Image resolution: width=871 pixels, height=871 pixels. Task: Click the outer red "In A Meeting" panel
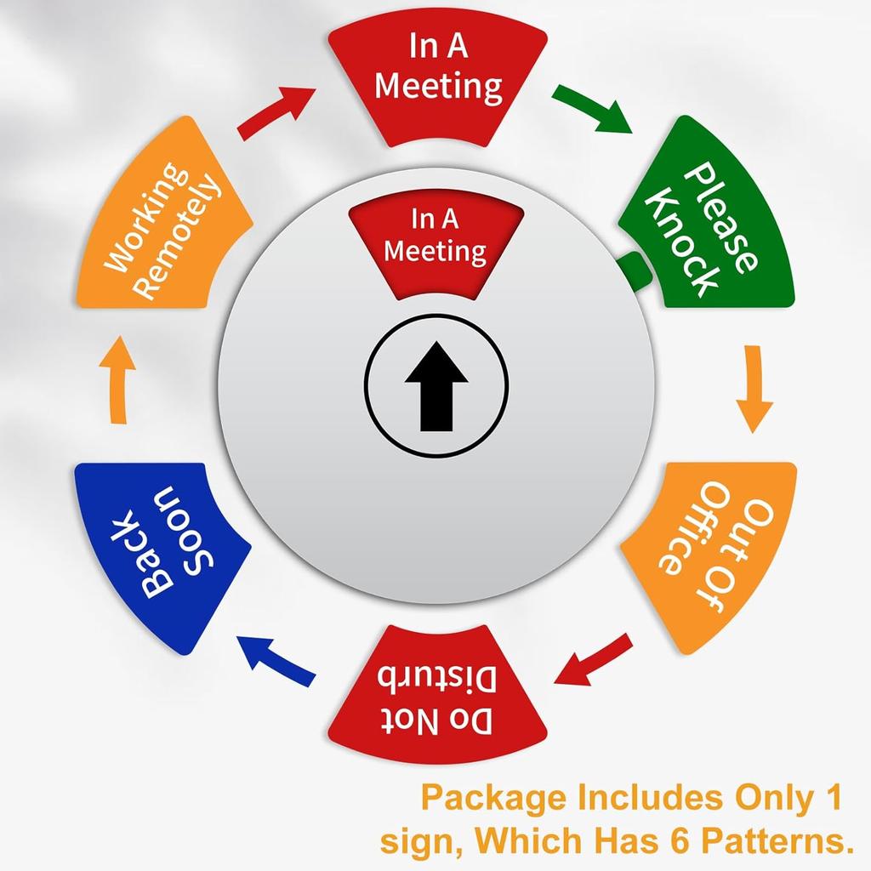pos(437,83)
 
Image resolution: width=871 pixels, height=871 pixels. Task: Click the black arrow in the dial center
pos(436,386)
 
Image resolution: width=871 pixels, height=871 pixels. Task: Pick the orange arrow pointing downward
pos(754,389)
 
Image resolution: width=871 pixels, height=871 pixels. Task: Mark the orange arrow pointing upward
pos(117,380)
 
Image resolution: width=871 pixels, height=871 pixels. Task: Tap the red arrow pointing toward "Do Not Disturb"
pos(593,661)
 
